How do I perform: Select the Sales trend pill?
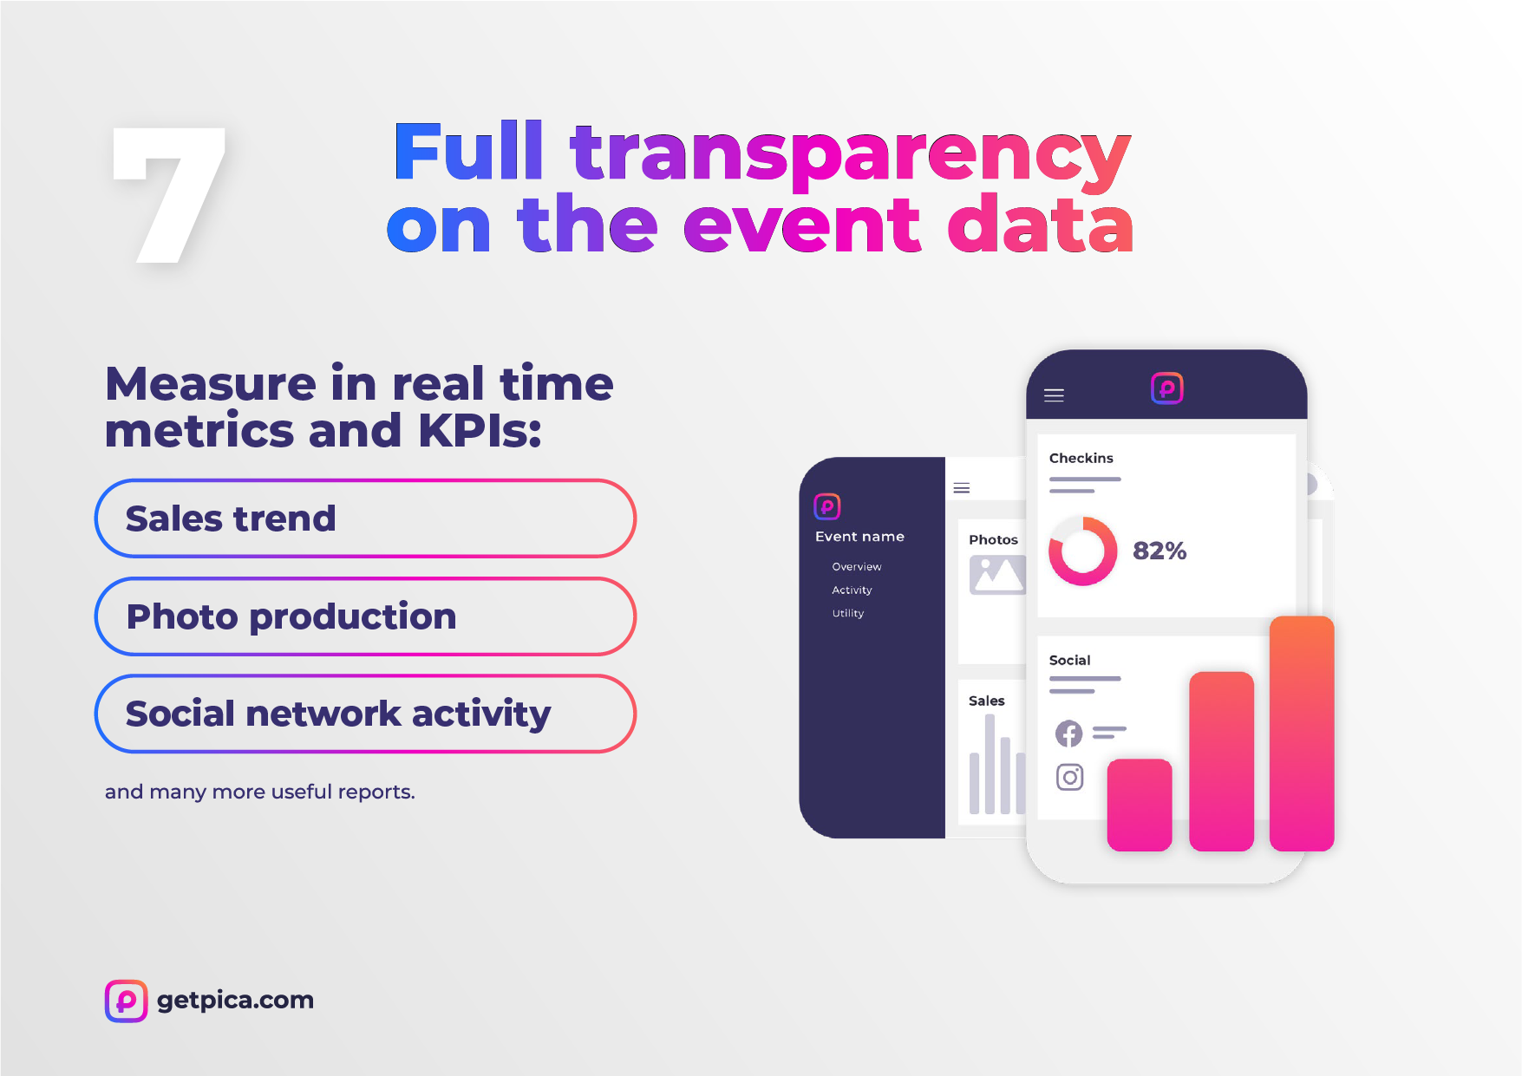tap(365, 518)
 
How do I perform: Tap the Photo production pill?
tap(365, 616)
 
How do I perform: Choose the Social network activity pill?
tap(365, 714)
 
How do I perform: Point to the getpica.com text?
tap(235, 1001)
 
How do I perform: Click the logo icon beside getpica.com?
tap(126, 1001)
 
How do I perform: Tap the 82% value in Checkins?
tap(1159, 551)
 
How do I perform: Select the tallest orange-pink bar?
tap(1301, 734)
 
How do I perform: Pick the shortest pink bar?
tap(1140, 805)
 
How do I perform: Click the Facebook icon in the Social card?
tap(1069, 734)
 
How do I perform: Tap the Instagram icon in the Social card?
tap(1070, 777)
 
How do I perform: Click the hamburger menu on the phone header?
tap(1054, 395)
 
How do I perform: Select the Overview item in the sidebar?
tap(857, 566)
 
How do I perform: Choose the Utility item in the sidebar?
tap(848, 613)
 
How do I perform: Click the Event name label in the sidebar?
tap(859, 537)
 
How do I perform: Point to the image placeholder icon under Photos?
tap(997, 575)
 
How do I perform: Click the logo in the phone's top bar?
tap(1166, 388)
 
